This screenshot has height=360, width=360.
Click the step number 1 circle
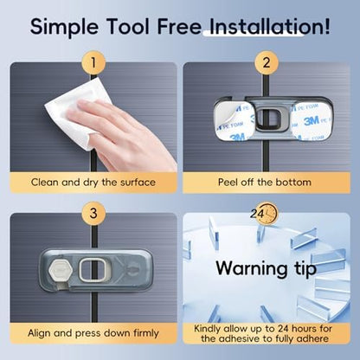point(93,62)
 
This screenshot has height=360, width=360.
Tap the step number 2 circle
point(267,62)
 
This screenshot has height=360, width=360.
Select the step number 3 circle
point(93,214)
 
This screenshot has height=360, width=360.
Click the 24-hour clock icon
point(264,214)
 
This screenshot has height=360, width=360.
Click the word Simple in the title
point(64,27)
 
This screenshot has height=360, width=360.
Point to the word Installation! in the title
point(270,26)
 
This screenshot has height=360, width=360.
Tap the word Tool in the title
point(127,26)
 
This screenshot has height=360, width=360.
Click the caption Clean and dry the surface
point(93,183)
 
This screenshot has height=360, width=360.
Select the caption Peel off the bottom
point(265,183)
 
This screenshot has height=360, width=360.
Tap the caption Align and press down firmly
point(93,333)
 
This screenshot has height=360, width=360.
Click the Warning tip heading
point(266,268)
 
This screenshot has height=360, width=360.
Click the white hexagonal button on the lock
point(60,270)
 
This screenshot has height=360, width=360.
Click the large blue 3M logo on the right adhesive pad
point(311,120)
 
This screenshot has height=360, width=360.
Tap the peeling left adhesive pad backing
point(233,121)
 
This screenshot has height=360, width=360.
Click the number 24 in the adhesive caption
point(286,328)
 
